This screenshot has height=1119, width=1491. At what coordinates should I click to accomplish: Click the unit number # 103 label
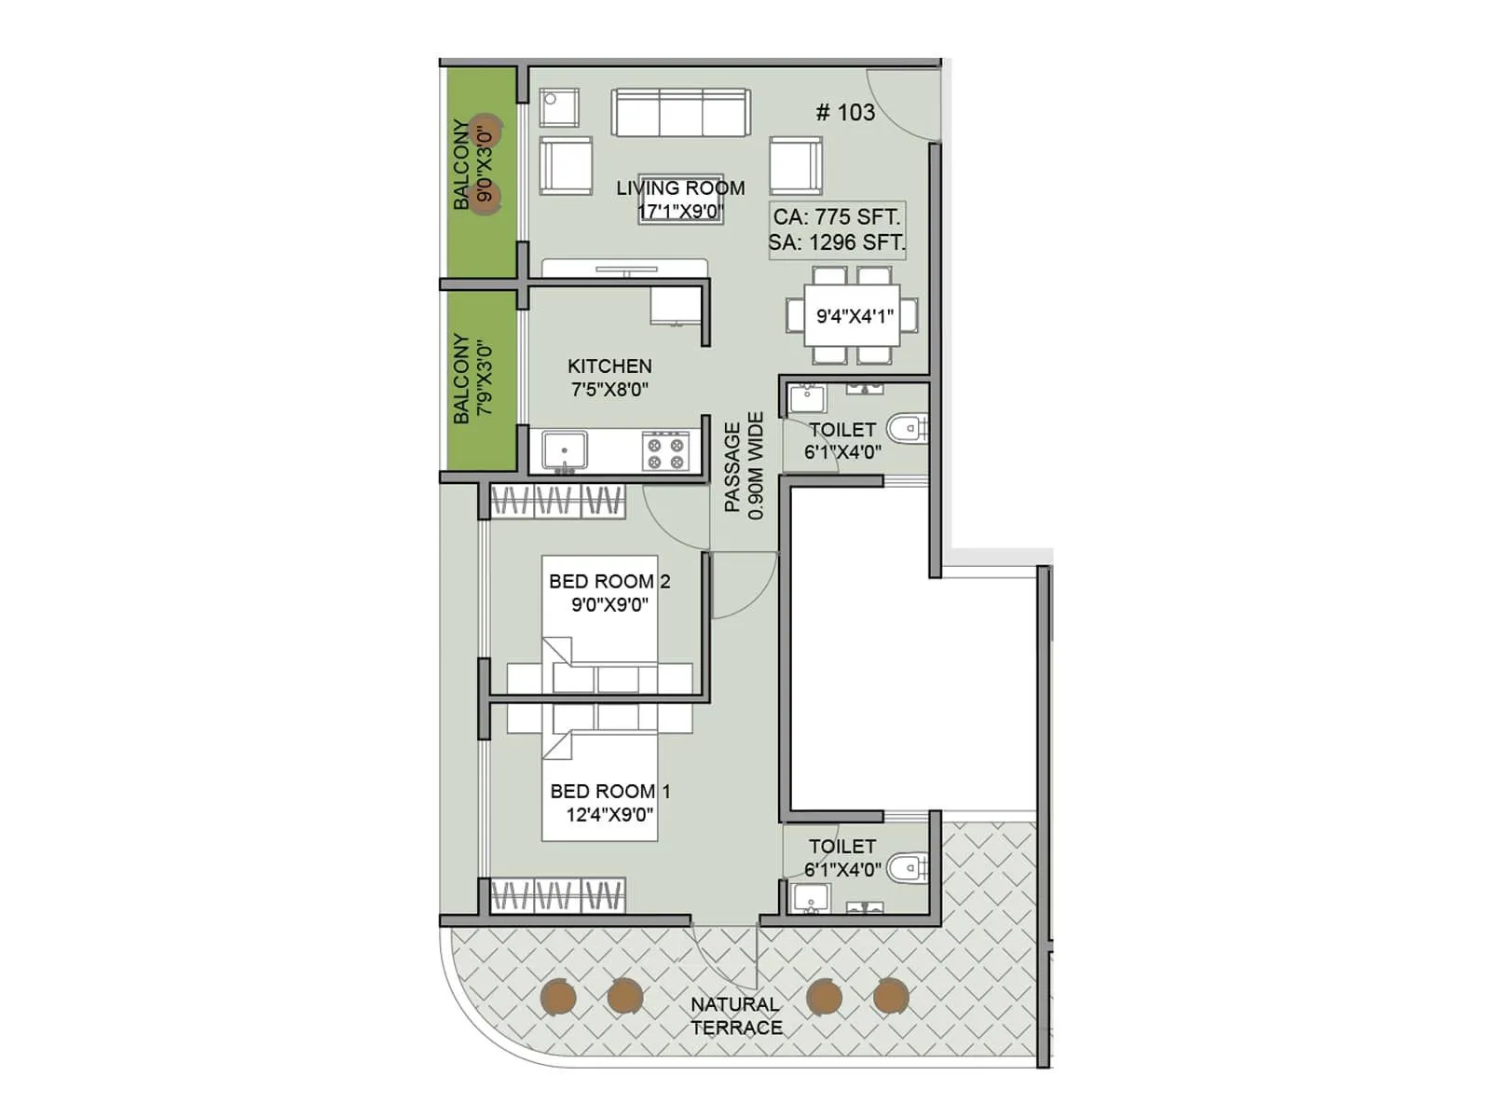[845, 113]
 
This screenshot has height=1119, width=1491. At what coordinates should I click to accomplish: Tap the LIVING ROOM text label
[680, 188]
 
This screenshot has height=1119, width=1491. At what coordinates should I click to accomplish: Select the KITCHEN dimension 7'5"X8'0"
[609, 390]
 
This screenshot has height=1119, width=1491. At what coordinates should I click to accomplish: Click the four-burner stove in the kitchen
[665, 451]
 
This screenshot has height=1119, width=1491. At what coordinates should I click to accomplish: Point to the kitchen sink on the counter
[565, 450]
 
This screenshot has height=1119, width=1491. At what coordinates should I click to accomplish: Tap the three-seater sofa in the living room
[681, 114]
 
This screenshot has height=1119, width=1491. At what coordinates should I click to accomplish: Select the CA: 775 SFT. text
[836, 217]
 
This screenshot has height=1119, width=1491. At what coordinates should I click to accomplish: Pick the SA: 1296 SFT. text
[836, 243]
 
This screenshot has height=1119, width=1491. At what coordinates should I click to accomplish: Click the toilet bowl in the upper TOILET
[907, 429]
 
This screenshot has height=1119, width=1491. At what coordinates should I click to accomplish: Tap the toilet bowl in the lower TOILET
[907, 868]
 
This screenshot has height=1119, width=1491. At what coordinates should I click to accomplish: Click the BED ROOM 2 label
[609, 581]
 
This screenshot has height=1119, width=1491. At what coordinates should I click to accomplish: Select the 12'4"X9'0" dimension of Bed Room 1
[609, 814]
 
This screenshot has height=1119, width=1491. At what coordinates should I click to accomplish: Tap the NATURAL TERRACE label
[736, 1015]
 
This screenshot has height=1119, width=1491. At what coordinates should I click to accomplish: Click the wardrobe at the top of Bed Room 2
[556, 501]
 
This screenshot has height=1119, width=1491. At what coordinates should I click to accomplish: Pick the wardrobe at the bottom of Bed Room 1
[556, 896]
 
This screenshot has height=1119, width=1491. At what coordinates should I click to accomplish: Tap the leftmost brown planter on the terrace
[558, 997]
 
